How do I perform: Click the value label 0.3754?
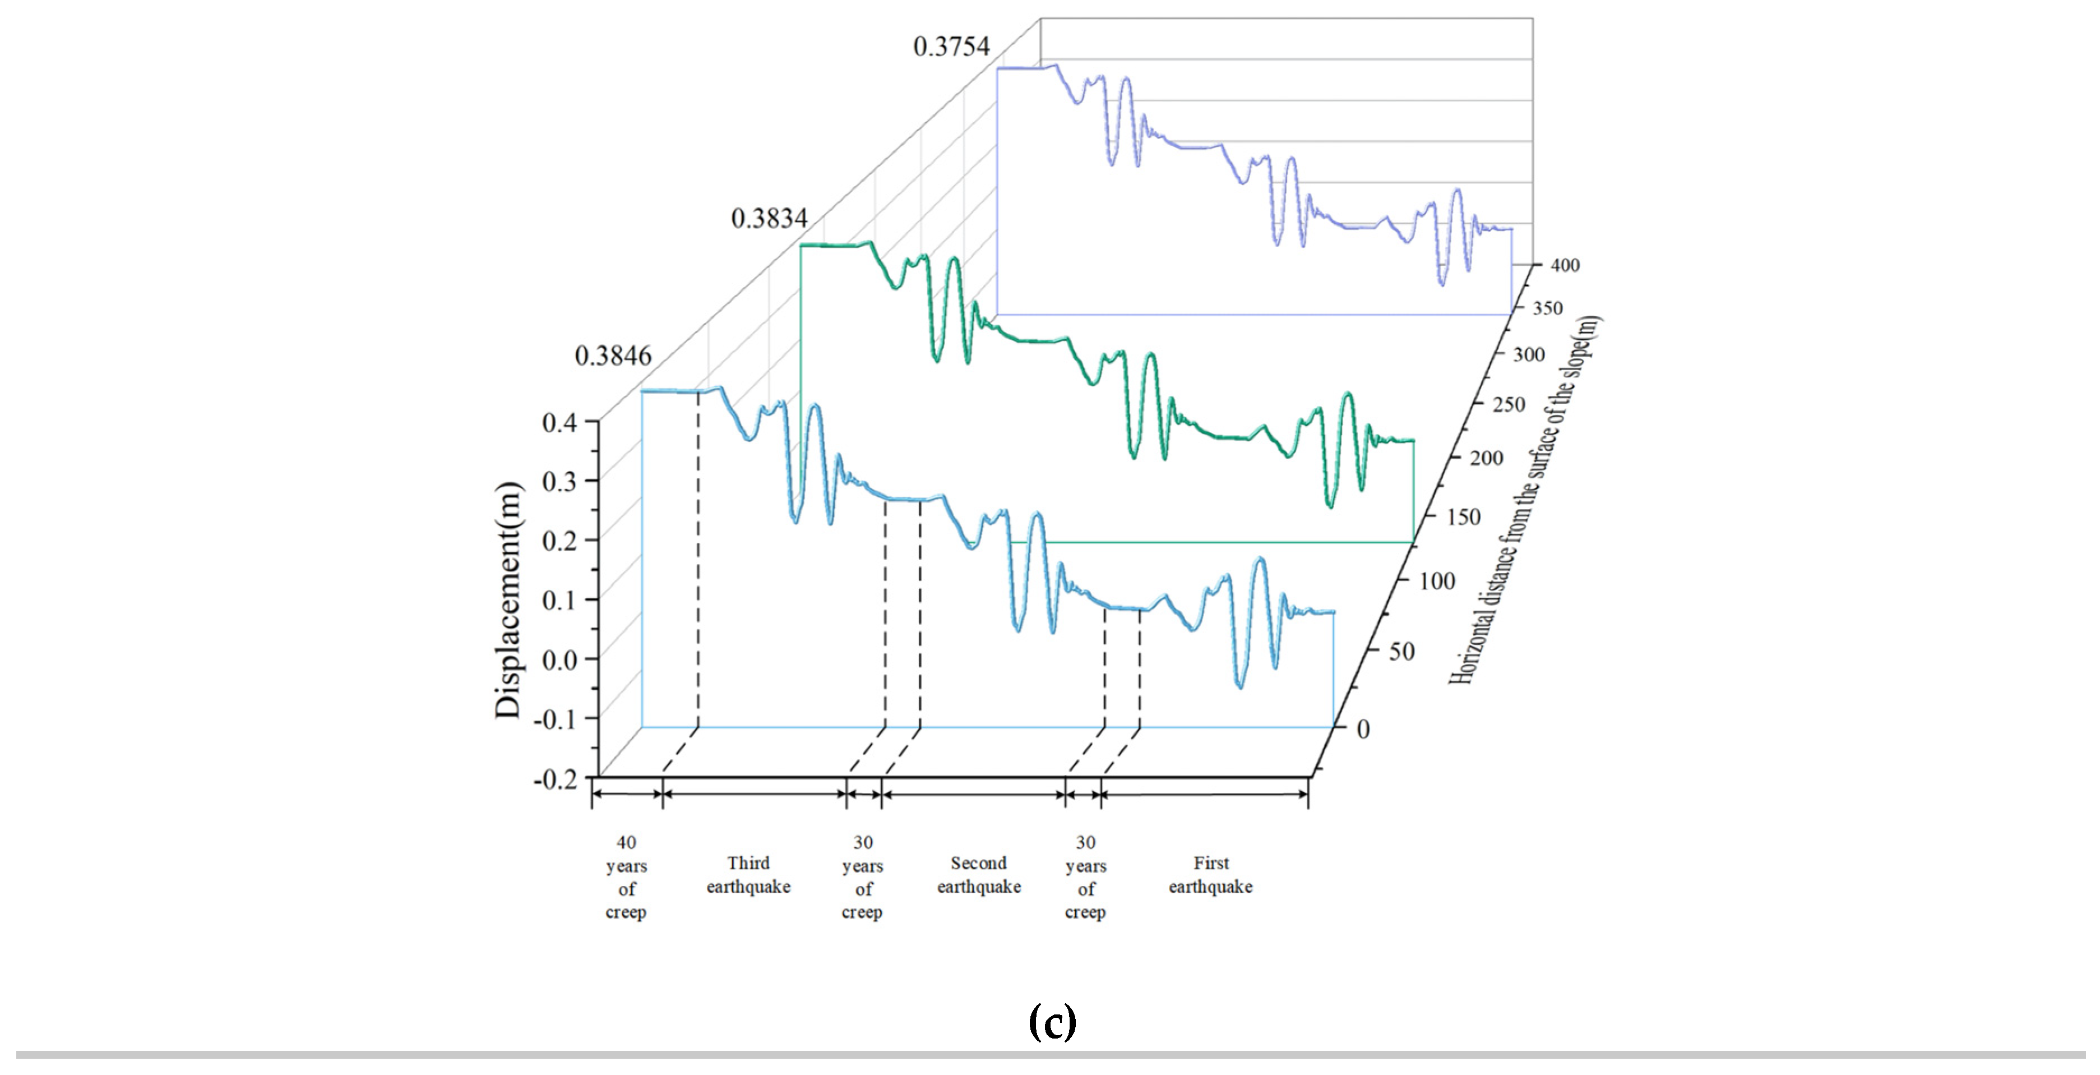pos(951,47)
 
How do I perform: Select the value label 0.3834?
pos(769,219)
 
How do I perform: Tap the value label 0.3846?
pos(613,357)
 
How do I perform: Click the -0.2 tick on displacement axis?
pos(554,779)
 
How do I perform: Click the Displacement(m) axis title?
pos(508,600)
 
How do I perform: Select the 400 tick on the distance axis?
pos(1565,265)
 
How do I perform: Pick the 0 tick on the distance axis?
pos(1362,729)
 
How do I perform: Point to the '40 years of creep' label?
pos(626,877)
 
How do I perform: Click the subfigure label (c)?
pos(1052,1021)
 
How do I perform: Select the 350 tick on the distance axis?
pos(1547,308)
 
